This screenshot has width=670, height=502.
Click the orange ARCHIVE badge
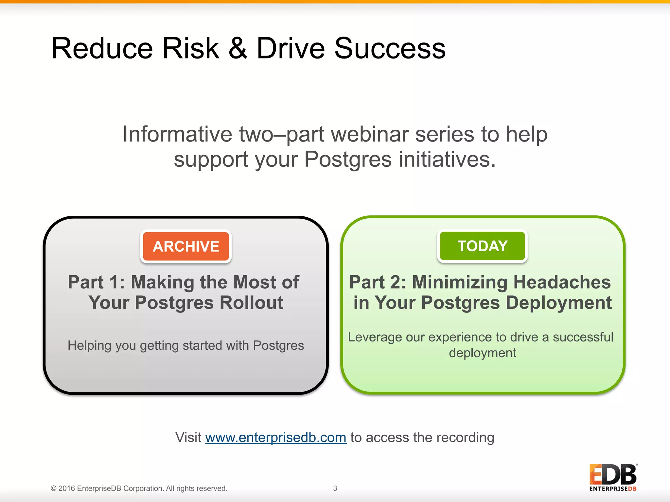click(x=186, y=246)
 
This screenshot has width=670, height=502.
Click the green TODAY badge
click(x=482, y=246)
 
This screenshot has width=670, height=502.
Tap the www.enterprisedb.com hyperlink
click(x=275, y=438)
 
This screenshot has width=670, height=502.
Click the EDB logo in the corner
click(x=613, y=477)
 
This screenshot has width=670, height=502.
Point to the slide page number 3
click(x=335, y=488)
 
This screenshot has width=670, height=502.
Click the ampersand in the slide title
click(x=238, y=48)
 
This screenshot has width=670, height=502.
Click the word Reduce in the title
click(x=102, y=48)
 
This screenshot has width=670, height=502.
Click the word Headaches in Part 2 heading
click(x=560, y=282)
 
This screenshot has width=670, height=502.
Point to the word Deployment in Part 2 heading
click(x=558, y=303)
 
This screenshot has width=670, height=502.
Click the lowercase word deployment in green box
click(x=482, y=353)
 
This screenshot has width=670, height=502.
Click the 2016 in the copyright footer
click(x=67, y=488)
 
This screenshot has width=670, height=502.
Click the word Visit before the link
click(x=188, y=438)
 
